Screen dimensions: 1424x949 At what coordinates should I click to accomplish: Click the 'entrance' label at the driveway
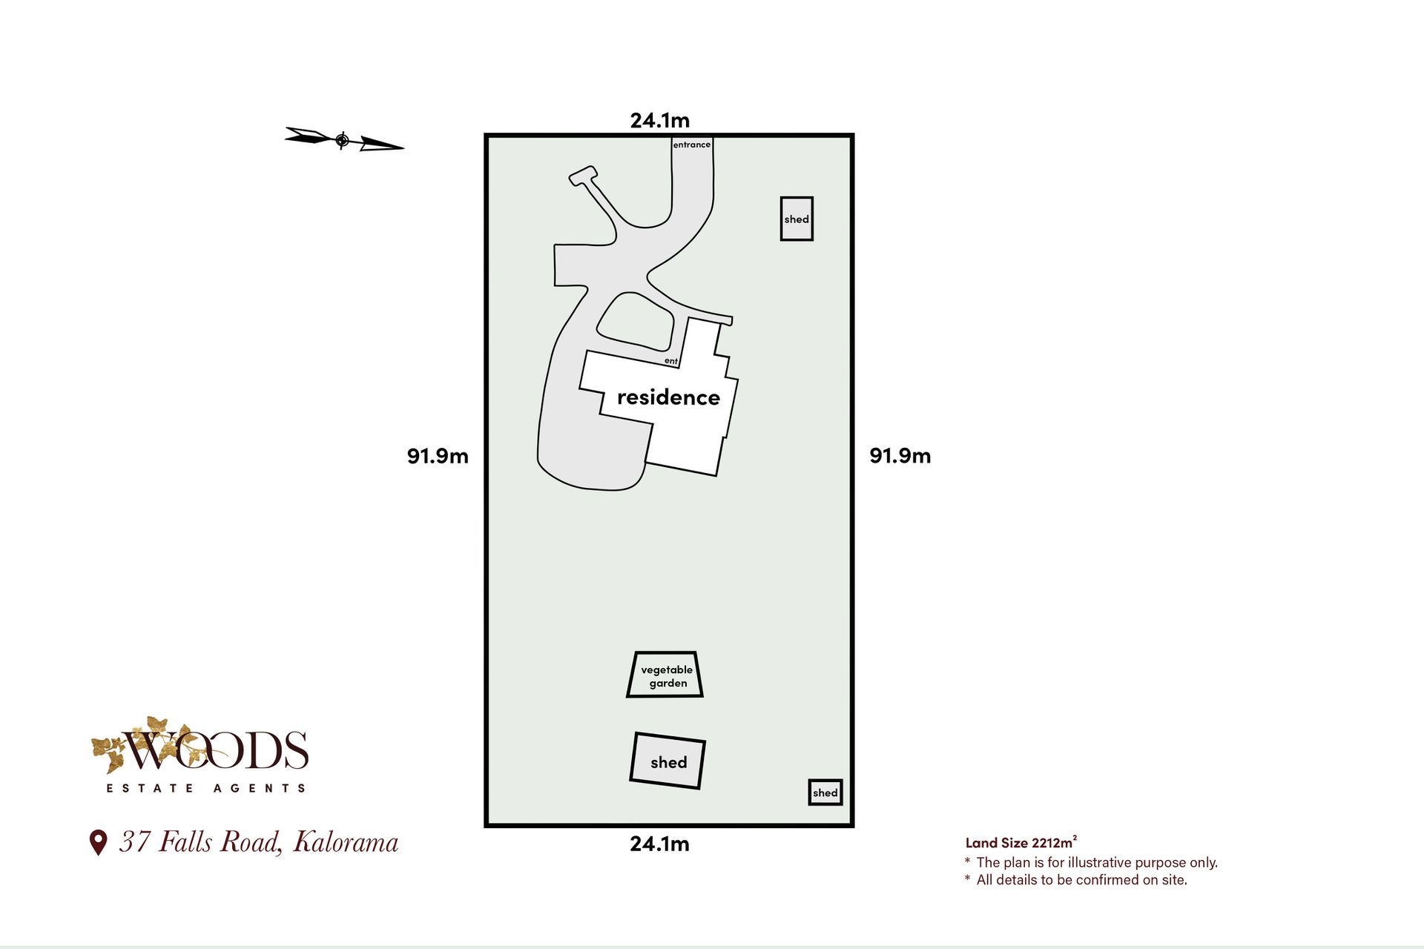coord(691,145)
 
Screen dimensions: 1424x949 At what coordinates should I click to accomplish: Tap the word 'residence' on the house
coord(668,397)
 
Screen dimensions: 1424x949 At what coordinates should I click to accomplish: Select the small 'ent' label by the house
coord(670,361)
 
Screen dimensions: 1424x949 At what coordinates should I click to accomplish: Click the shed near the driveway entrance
coord(797,219)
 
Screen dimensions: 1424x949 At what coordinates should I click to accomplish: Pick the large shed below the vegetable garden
coord(667,761)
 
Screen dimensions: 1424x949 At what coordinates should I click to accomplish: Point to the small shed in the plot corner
coord(825,793)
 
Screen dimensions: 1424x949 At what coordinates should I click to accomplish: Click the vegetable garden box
coord(665,675)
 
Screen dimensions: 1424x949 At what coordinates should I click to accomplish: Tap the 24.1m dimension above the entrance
coord(659,120)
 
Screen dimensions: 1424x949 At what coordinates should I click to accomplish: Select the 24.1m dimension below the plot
coord(659,844)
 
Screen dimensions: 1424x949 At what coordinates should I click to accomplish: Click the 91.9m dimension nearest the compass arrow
coord(438,456)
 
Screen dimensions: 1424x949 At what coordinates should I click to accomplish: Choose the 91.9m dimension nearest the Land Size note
coord(900,456)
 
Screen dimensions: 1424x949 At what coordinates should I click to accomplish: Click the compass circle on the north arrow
coord(342,139)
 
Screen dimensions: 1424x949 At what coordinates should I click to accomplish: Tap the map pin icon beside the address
coord(98,843)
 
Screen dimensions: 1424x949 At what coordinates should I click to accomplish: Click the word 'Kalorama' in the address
coord(346,842)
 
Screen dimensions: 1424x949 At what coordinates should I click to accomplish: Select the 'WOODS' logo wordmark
coord(215,750)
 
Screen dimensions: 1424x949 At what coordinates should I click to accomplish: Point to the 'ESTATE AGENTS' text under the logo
coord(205,788)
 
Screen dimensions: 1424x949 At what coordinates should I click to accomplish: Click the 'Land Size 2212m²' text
coord(1021,842)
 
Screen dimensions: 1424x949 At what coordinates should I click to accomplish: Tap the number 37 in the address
coord(135,842)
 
